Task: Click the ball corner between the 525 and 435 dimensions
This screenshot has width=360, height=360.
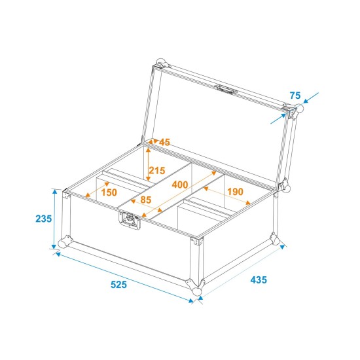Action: (196, 289)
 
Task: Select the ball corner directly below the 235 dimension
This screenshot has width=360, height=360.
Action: (63, 243)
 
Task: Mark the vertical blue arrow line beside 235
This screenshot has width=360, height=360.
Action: (54, 219)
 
